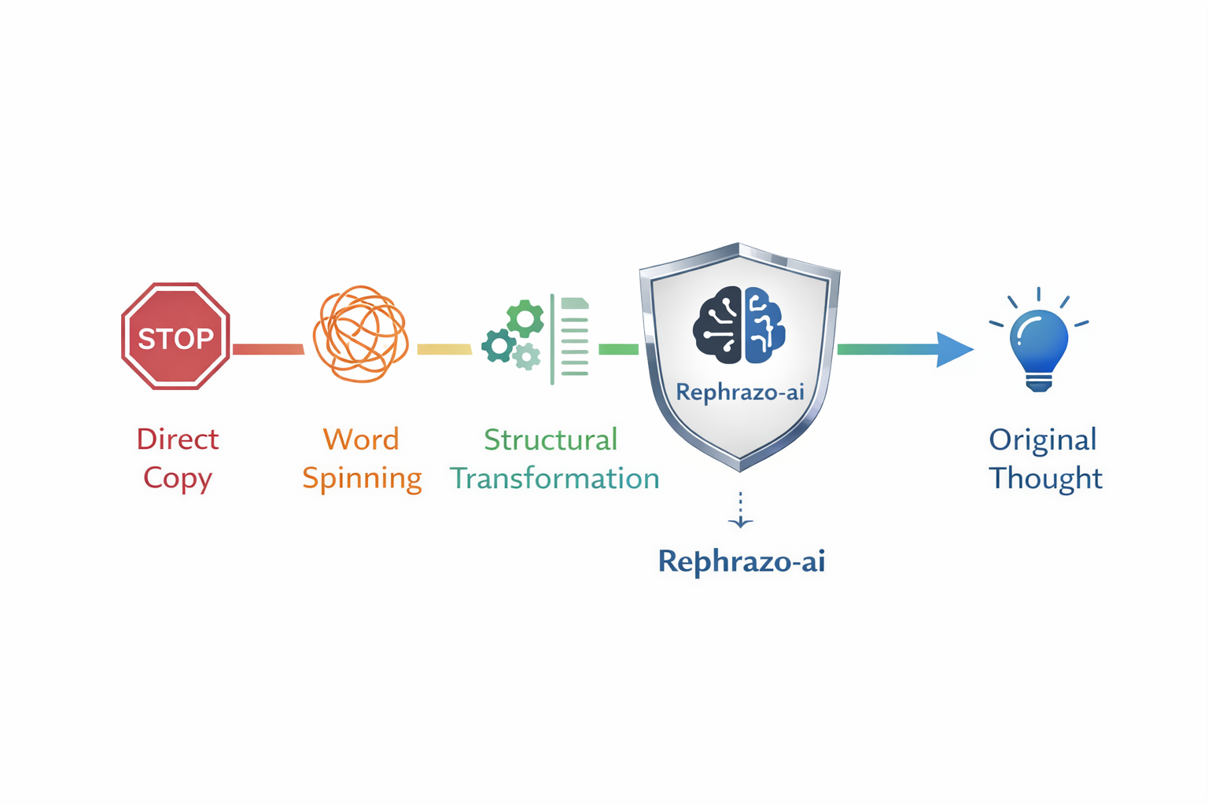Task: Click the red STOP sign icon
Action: click(x=175, y=336)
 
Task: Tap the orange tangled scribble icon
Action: click(x=361, y=334)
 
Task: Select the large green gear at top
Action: click(x=525, y=318)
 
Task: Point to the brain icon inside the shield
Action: click(x=738, y=325)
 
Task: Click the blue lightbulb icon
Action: click(x=1039, y=346)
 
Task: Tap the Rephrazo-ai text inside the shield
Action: click(x=739, y=391)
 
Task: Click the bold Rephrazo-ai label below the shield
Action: click(x=741, y=561)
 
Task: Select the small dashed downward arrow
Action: click(x=740, y=511)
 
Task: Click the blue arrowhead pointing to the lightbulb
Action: click(x=954, y=349)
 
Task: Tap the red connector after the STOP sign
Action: click(x=268, y=349)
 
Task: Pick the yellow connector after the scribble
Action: click(x=444, y=349)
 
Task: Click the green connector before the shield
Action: click(x=619, y=349)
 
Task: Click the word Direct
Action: click(x=178, y=439)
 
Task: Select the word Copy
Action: click(x=178, y=479)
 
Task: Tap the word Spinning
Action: click(x=362, y=479)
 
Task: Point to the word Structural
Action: click(x=551, y=439)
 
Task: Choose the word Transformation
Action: click(x=554, y=479)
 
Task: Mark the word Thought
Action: click(x=1045, y=478)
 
